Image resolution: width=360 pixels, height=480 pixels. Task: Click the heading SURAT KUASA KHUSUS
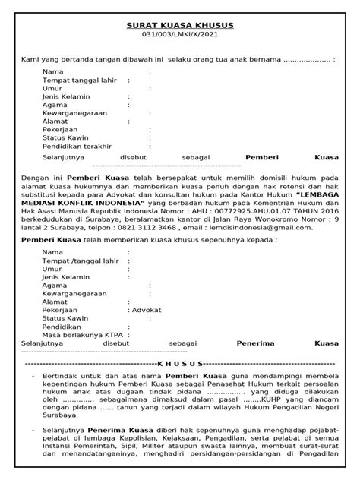point(180,25)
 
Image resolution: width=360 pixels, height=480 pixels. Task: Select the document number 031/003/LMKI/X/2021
point(180,36)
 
